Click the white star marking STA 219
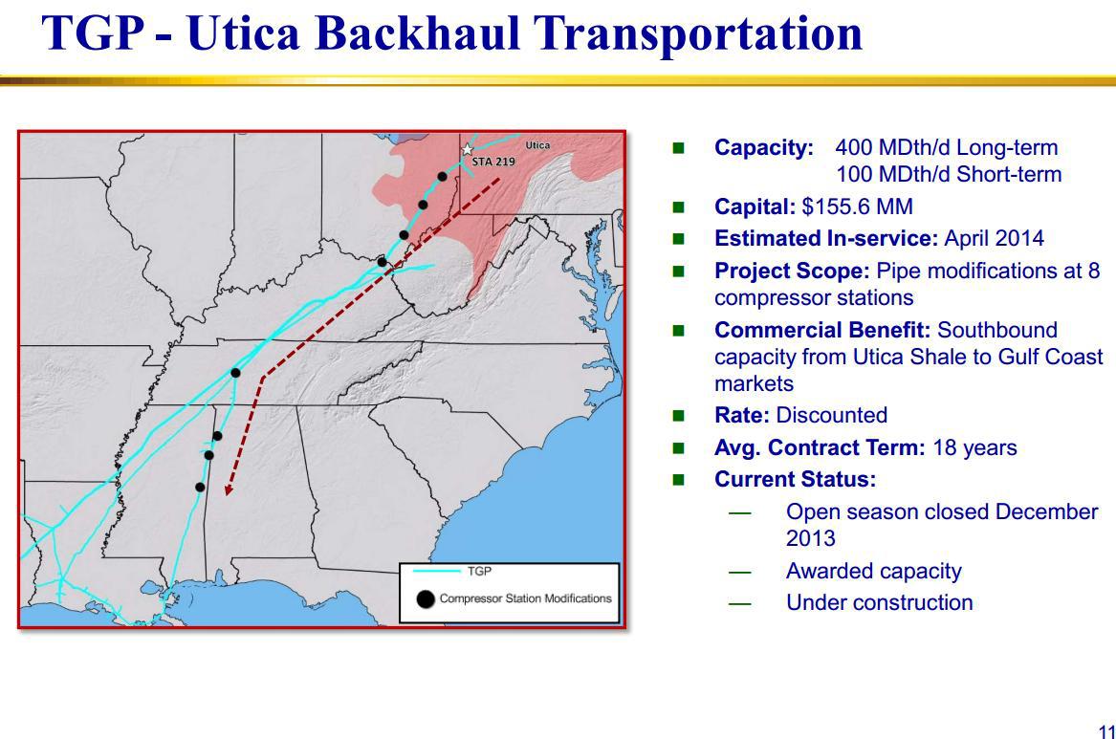click(467, 149)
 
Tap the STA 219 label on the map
click(493, 162)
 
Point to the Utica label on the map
click(537, 145)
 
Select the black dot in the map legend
click(426, 599)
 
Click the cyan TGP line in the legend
click(436, 571)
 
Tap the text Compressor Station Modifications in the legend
click(525, 598)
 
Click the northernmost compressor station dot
click(442, 177)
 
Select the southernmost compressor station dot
click(200, 488)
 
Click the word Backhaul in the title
click(419, 33)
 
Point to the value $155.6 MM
click(857, 206)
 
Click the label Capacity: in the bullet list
click(764, 147)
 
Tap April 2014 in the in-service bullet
click(994, 238)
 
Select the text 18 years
click(974, 447)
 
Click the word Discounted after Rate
click(831, 415)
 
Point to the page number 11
click(1106, 732)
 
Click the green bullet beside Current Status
click(678, 480)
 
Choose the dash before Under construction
click(739, 604)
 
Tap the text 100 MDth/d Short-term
click(949, 174)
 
